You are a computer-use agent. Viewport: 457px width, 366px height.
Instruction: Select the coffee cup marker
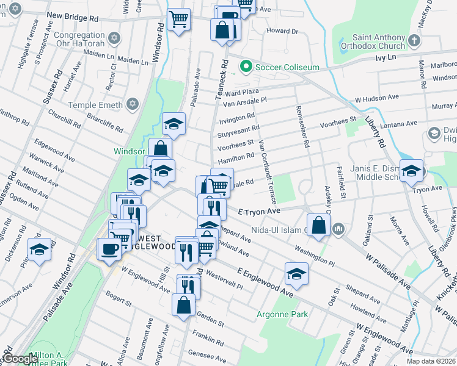coord(111,249)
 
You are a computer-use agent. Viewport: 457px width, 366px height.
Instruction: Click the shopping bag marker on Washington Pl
coord(319,225)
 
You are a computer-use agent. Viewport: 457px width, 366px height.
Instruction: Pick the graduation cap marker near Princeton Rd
coord(40,249)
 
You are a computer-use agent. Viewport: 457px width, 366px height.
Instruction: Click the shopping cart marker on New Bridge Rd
coord(178,19)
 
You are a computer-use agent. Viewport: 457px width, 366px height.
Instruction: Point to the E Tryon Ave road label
coord(259,211)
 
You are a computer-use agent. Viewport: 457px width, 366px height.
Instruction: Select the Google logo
coord(20,359)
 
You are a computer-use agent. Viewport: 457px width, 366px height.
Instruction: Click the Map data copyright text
coord(431,361)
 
